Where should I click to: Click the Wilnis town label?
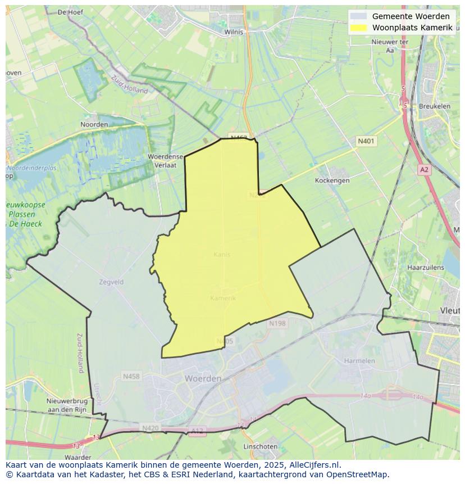click(234, 32)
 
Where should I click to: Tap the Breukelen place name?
click(434, 106)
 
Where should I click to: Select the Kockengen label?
click(332, 180)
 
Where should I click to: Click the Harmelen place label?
click(359, 360)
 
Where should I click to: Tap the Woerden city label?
click(203, 379)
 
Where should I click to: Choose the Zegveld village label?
click(111, 282)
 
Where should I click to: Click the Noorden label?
click(94, 124)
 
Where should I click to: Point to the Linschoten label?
click(260, 446)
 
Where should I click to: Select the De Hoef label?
click(70, 12)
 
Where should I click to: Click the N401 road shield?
click(367, 142)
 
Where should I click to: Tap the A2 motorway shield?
click(424, 169)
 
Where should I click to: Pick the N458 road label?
click(131, 376)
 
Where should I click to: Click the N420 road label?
click(151, 428)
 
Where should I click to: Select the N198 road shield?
click(277, 323)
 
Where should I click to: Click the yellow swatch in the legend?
click(358, 28)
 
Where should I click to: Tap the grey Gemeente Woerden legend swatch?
click(358, 16)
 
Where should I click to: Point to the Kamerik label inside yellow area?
click(223, 298)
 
